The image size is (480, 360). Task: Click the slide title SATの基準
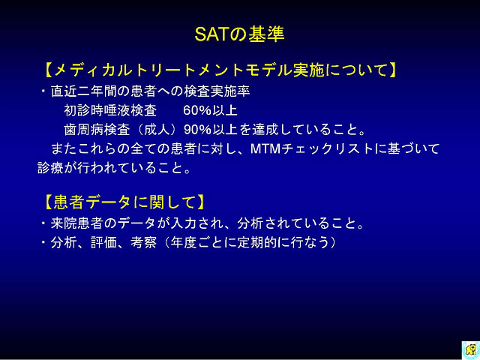coord(240,34)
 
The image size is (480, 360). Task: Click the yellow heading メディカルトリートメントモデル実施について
coord(220,70)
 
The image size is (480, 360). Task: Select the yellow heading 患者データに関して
coord(124,202)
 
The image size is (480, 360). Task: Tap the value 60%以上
coord(210,110)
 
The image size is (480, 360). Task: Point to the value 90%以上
coord(211,130)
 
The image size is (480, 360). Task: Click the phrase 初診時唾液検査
coord(110,110)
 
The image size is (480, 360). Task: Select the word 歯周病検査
coord(97,130)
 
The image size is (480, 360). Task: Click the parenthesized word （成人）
coord(157,130)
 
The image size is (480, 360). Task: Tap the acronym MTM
coord(265,149)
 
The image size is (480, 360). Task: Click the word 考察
coord(143,243)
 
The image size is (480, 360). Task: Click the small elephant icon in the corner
coord(471,349)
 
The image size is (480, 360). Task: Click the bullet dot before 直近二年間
coord(43,91)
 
